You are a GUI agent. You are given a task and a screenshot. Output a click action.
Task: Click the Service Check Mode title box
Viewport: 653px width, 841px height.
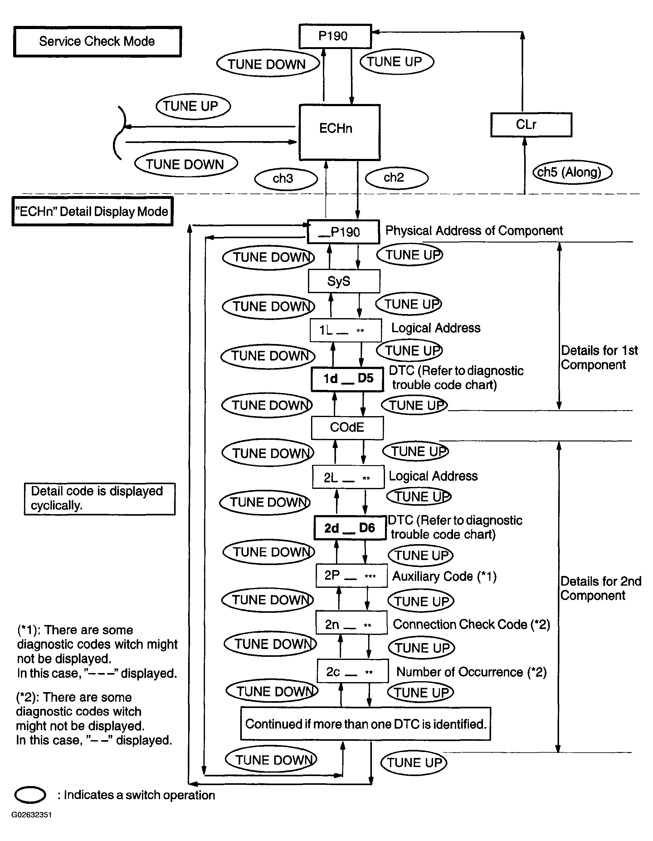click(97, 42)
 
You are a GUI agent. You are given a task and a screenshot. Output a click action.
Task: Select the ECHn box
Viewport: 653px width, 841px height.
click(340, 132)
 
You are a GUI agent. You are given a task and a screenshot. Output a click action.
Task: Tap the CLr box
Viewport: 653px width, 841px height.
click(531, 125)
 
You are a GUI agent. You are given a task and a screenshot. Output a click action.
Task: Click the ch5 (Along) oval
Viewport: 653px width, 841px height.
click(572, 172)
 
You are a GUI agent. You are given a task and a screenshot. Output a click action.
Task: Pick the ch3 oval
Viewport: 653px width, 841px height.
click(286, 179)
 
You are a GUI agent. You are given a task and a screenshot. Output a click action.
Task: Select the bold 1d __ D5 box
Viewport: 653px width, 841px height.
click(348, 379)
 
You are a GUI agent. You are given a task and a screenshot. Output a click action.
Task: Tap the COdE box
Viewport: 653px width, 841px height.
click(347, 428)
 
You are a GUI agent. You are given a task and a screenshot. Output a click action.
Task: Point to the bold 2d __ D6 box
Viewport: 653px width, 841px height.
click(350, 528)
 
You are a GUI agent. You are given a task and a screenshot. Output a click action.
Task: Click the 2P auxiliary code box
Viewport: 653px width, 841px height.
click(352, 576)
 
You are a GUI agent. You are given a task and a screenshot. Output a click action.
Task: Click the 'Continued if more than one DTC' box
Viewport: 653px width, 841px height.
click(366, 724)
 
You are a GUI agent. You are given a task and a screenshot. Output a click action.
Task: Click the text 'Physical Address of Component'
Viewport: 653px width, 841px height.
click(474, 231)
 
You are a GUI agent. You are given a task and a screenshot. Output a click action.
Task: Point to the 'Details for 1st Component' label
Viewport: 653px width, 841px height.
click(599, 357)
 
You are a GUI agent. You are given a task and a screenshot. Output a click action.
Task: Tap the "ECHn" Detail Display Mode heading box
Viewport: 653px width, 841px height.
click(92, 211)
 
